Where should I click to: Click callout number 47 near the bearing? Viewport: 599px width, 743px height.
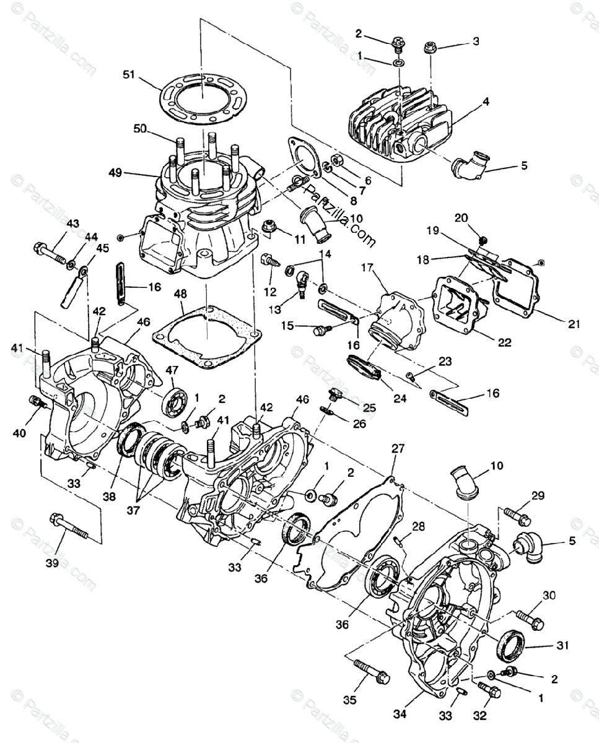click(171, 370)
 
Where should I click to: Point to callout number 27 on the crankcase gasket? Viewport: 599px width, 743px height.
click(397, 448)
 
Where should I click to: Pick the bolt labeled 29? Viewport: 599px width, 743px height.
click(515, 513)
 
